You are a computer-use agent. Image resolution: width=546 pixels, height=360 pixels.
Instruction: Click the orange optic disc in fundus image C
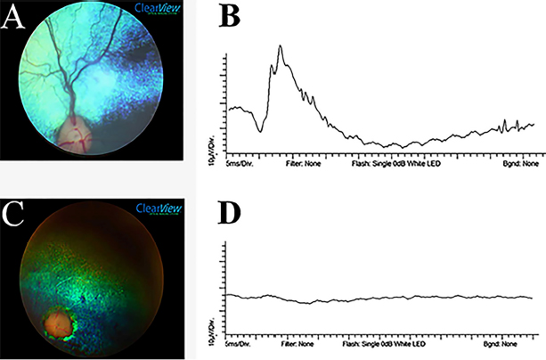(60, 323)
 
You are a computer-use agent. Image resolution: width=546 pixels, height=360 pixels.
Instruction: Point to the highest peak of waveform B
(280, 45)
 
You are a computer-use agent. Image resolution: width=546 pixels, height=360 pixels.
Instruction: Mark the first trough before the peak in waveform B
(260, 130)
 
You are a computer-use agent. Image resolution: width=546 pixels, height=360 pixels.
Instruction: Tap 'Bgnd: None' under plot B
(519, 165)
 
